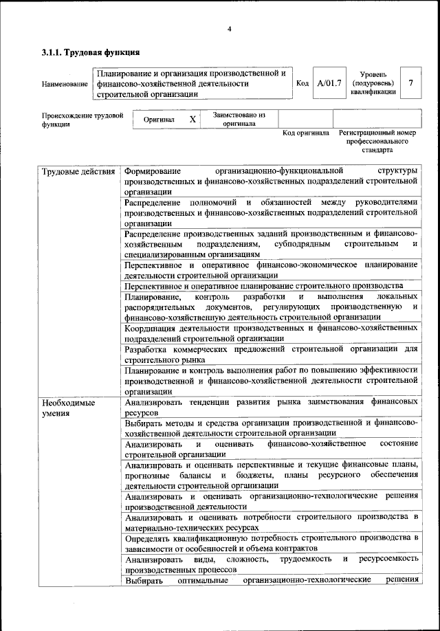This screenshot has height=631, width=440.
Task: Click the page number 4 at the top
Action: coord(230,28)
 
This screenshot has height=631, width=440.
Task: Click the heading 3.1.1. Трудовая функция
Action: coord(91,52)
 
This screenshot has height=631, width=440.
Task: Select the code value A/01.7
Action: coord(329,83)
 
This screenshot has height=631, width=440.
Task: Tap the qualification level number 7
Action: coord(410,83)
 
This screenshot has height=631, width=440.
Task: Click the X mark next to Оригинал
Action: coord(192,120)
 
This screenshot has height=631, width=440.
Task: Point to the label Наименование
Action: coord(65,84)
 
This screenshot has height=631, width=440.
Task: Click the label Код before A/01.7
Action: coord(302,83)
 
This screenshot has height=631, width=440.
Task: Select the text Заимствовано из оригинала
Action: coord(239,120)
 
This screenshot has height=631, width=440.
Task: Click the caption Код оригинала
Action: coord(306,133)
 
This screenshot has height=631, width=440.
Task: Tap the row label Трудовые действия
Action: coord(78,170)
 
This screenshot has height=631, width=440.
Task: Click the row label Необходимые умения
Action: coord(68,407)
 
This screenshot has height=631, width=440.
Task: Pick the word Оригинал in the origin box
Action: coord(159,120)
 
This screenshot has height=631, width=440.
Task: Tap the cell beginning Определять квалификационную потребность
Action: coord(271,543)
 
